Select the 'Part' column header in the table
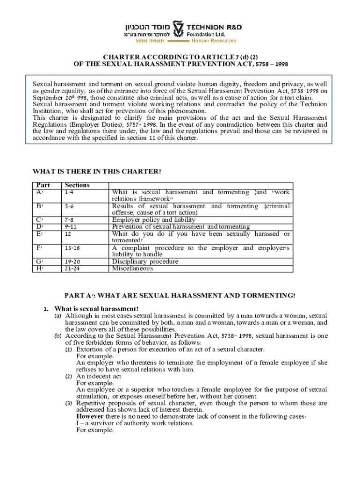coord(43,185)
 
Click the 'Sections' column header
coord(77,185)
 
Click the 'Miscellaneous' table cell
coord(132,269)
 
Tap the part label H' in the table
coord(40,269)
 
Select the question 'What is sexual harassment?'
coord(96,309)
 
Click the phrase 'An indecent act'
coord(99,376)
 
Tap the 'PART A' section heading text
coord(180,295)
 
